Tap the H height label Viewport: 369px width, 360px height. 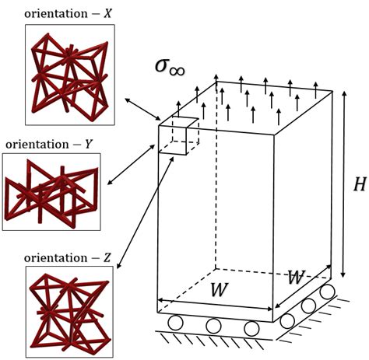[359, 184]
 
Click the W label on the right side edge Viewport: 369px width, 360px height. [295, 278]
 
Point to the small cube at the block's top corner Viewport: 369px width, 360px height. [178, 136]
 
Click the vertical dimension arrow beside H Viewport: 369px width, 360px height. [343, 185]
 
